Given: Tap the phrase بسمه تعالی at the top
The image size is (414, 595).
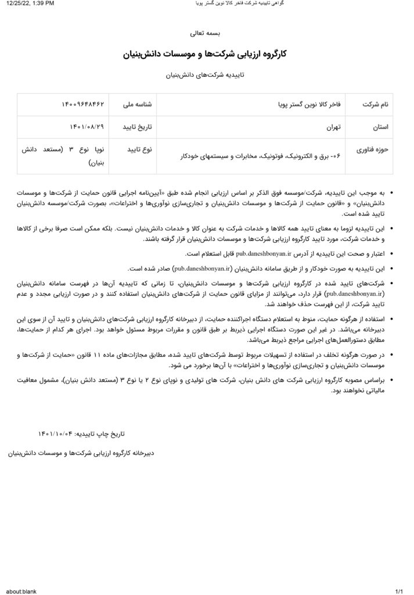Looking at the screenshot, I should (206, 33).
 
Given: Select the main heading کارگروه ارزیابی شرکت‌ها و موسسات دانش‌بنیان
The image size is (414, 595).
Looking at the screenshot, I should (206, 55).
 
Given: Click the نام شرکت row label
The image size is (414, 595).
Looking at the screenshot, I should (375, 105).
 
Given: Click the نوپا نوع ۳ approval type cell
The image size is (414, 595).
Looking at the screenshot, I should (63, 156).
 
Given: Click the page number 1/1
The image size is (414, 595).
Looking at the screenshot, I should (399, 591).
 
